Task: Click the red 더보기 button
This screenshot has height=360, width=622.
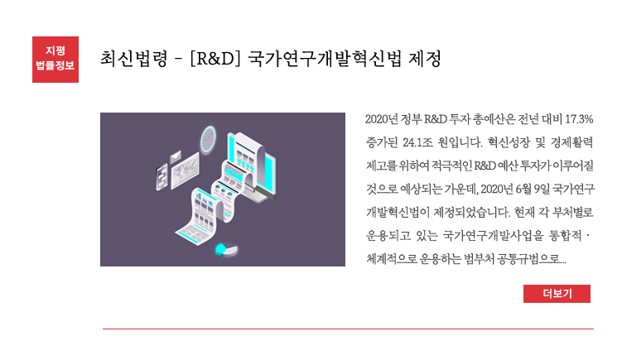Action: (x=557, y=294)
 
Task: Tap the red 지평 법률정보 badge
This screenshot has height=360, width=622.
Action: (x=55, y=60)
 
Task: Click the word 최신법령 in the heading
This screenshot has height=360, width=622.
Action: (x=133, y=59)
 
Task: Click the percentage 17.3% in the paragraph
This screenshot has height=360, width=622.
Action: (x=579, y=119)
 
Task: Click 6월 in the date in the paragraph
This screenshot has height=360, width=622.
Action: (x=523, y=190)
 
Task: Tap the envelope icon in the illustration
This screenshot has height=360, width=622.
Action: (x=176, y=156)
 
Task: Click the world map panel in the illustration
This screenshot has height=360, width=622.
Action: (x=185, y=170)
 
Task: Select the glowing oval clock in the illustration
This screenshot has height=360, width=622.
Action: (x=208, y=139)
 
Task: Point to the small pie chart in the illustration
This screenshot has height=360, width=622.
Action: (x=226, y=249)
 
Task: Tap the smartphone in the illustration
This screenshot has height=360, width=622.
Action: (x=162, y=177)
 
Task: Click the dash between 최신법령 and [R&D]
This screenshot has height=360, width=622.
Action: (x=179, y=60)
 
